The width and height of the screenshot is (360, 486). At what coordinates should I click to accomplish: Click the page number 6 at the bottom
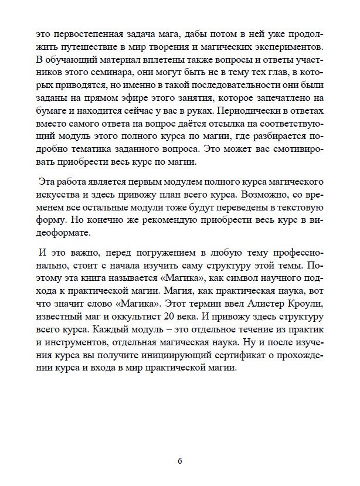coord(179,460)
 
